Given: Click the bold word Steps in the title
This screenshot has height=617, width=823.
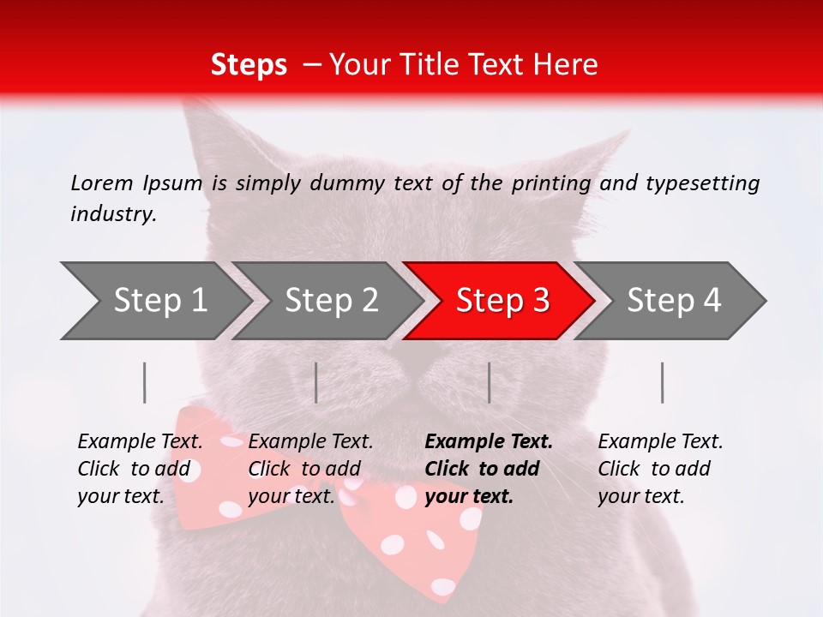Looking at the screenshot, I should pos(249,65).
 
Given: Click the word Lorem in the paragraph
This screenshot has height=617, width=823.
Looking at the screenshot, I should pos(102,183).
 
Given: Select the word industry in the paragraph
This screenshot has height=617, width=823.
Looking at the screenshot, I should pos(113,214).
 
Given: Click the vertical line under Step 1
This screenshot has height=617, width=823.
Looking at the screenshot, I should pos(145,382).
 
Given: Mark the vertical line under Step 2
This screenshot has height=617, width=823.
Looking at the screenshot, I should pos(316,382).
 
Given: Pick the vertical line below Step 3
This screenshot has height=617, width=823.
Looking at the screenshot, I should pos(489,382).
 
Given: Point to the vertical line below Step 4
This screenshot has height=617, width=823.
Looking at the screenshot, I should pos(662,382).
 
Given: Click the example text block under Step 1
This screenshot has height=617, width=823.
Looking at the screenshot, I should pos(141,469).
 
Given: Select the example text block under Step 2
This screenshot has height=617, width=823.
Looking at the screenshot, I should pos(311,469).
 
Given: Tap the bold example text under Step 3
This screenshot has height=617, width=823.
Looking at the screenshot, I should pos(489,469).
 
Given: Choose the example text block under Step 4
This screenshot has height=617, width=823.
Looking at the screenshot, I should pos(660,469).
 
